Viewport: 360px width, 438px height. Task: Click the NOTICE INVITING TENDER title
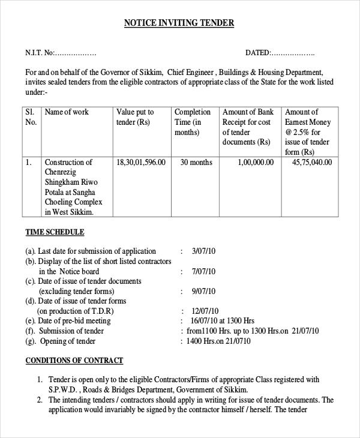click(x=179, y=23)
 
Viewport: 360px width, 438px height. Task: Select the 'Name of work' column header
click(x=67, y=112)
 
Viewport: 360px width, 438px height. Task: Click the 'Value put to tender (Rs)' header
click(x=135, y=117)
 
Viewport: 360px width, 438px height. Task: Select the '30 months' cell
click(x=196, y=163)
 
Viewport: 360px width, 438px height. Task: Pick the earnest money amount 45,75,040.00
click(x=311, y=163)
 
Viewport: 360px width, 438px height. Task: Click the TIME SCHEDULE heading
click(x=55, y=232)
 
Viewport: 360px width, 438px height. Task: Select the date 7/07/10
click(x=203, y=272)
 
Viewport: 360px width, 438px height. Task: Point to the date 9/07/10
click(x=203, y=292)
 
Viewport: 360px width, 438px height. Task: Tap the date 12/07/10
click(x=205, y=311)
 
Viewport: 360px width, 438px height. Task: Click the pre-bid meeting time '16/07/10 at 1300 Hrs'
click(x=222, y=321)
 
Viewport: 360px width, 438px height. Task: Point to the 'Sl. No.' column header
click(x=31, y=117)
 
